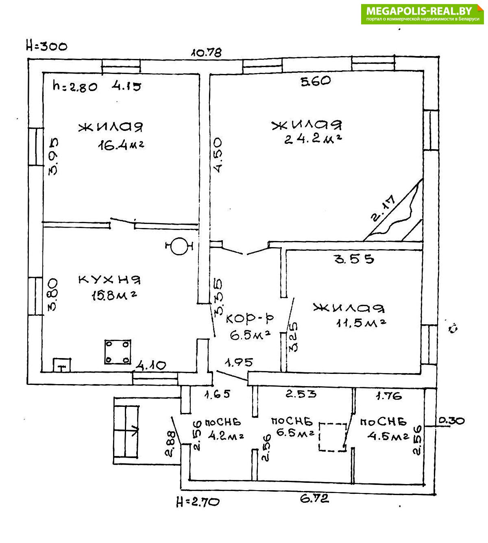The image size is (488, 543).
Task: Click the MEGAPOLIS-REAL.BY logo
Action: tap(422, 14)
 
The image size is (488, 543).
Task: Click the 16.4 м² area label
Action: tap(121, 145)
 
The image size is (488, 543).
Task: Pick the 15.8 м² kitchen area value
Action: tap(113, 295)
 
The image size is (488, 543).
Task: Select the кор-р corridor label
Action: tap(249, 318)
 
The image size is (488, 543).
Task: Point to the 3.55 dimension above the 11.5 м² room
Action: tap(354, 258)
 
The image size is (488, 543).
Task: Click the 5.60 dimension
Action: tap(316, 81)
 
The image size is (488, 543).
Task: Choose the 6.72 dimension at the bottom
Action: tap(314, 498)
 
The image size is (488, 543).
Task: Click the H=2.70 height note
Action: tap(198, 502)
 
